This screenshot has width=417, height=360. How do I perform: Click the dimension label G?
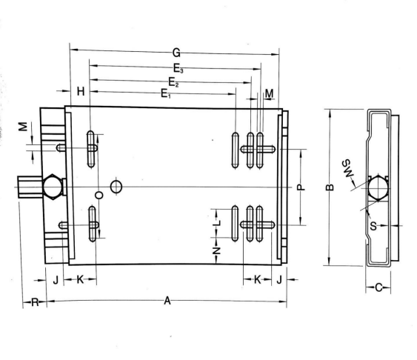point(176,53)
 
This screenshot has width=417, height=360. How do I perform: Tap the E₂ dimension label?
point(171,80)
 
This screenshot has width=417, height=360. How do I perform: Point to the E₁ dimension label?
point(164,93)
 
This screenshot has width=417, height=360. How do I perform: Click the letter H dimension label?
point(81,91)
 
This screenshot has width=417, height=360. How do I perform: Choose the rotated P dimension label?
point(300,188)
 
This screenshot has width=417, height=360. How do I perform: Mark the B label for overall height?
point(330,187)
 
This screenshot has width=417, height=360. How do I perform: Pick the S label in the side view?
point(373,225)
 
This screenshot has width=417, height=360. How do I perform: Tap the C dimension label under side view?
point(379,288)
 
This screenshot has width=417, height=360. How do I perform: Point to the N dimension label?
point(216,250)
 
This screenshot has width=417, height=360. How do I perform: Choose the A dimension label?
point(167,301)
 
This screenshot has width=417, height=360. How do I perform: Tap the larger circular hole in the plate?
point(116,186)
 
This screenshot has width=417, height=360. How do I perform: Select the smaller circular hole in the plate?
point(99,195)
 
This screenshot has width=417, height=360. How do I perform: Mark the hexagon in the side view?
point(378,187)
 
